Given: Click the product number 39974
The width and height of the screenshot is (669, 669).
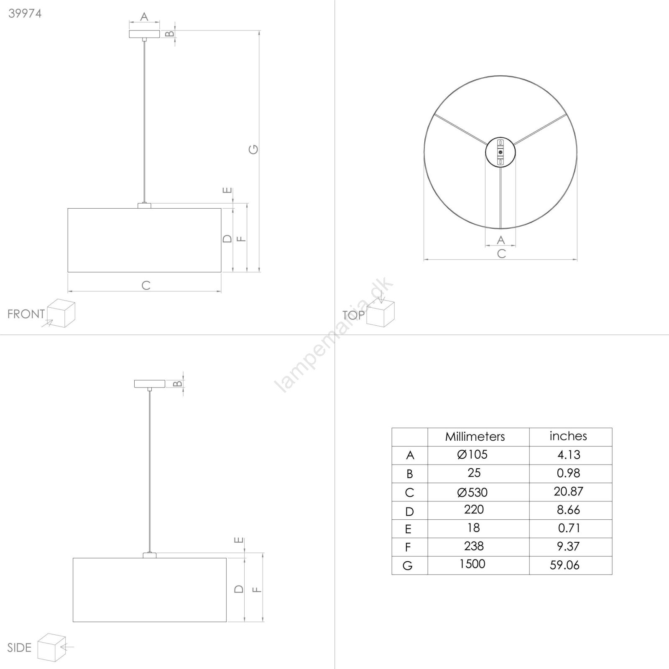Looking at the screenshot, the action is click(25, 13).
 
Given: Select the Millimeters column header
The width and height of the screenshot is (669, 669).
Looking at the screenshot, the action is click(475, 437).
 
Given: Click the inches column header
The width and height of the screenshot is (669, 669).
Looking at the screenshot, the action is click(568, 436).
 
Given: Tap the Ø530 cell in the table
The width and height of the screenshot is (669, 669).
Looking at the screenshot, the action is click(472, 492).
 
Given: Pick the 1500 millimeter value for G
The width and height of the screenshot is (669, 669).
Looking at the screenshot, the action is click(472, 564).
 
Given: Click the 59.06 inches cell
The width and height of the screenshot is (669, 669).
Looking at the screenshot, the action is click(565, 565).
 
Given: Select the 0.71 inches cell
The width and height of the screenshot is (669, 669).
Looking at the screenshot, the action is click(569, 528).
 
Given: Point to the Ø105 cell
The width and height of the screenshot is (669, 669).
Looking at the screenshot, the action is click(472, 455).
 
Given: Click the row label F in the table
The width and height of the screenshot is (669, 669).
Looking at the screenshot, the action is click(408, 547).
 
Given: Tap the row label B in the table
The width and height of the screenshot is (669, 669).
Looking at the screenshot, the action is click(410, 474).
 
